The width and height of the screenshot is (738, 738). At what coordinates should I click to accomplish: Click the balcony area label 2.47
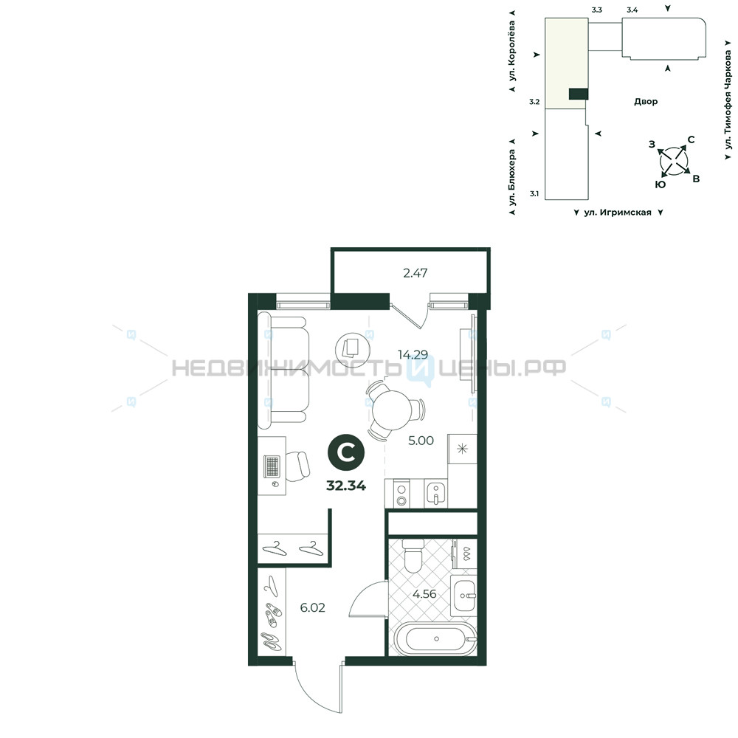click(x=415, y=273)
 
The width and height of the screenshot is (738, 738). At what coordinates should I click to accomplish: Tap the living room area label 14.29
click(x=413, y=354)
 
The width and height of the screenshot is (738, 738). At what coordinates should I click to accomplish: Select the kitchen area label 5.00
click(x=421, y=441)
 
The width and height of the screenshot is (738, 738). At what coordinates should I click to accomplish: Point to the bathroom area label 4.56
click(x=424, y=594)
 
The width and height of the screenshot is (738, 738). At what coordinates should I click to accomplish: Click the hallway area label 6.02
click(x=312, y=607)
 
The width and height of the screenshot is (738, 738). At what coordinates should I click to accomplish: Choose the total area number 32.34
click(x=346, y=486)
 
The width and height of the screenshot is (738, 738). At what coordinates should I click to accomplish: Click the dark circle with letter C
click(x=346, y=452)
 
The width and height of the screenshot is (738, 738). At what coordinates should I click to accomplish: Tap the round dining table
click(x=392, y=410)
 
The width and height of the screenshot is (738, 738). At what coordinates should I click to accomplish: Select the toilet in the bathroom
click(x=414, y=556)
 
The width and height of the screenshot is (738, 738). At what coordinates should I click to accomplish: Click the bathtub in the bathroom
click(x=436, y=638)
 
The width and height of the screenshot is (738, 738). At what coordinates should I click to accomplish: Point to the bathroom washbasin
click(x=464, y=596)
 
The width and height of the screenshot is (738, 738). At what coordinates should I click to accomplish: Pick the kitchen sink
click(x=436, y=493)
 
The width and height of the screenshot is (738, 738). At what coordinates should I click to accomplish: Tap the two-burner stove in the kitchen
click(x=401, y=493)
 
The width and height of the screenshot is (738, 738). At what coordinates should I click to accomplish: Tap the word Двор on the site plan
click(x=645, y=101)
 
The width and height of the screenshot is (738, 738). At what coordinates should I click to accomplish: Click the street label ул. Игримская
click(x=618, y=213)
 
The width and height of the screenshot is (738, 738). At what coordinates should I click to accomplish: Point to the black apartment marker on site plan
click(x=579, y=94)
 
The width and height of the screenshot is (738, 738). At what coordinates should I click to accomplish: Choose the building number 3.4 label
click(x=632, y=10)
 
